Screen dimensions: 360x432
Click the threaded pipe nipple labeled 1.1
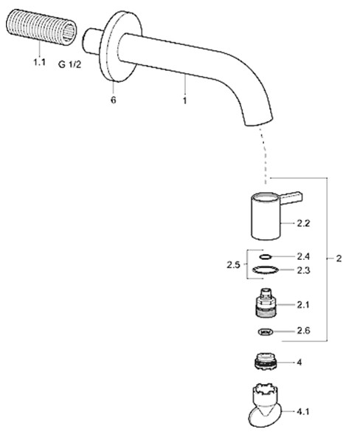tap(41, 26)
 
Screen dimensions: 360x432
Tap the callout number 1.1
tap(39, 62)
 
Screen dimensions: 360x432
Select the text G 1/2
tap(70, 65)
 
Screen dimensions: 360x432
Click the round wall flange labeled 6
tap(120, 47)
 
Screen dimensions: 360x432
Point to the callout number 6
tap(114, 100)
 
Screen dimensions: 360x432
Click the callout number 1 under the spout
tap(185, 100)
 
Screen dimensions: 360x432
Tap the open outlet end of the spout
tap(259, 123)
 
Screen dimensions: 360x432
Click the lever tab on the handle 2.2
tap(291, 198)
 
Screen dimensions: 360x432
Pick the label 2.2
tap(303, 223)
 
